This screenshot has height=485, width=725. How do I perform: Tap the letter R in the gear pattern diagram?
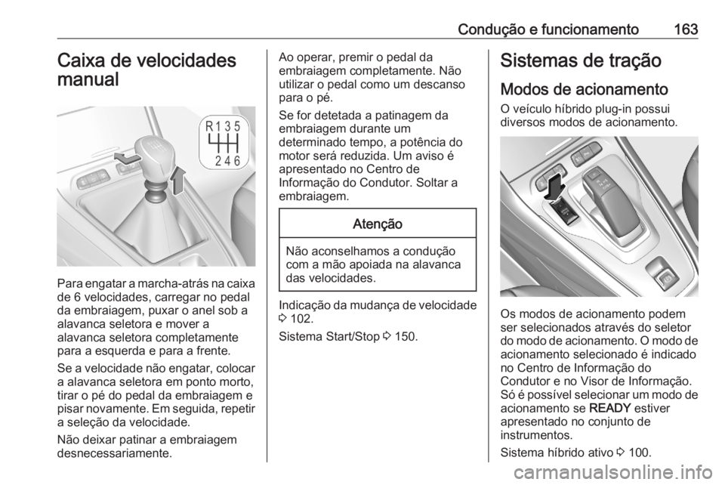(x=211, y=126)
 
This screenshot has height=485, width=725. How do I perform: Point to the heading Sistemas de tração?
(x=575, y=61)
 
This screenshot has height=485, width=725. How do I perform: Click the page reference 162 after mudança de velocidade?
(x=297, y=319)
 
